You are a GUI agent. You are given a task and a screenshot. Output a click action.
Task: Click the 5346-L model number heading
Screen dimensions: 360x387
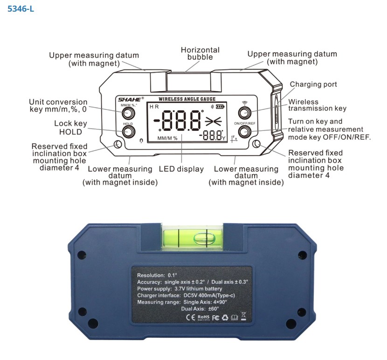click(21, 9)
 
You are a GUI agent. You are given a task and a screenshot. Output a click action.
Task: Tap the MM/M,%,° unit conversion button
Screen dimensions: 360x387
click(128, 113)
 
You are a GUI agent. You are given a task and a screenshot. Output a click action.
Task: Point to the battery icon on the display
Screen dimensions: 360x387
click(220, 107)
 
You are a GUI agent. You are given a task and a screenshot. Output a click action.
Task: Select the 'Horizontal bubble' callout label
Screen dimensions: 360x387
click(200, 54)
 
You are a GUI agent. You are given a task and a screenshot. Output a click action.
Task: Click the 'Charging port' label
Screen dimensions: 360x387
click(313, 84)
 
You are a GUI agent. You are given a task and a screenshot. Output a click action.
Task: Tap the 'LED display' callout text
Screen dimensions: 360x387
click(181, 169)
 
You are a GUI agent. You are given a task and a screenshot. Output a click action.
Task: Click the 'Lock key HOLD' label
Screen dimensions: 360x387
click(70, 128)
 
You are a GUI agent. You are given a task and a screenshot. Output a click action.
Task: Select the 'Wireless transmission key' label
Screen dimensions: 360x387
click(317, 105)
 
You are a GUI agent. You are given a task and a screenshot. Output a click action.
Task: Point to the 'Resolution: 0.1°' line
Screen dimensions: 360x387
click(158, 275)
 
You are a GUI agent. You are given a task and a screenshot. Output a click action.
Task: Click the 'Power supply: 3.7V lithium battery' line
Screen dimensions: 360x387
click(180, 289)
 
